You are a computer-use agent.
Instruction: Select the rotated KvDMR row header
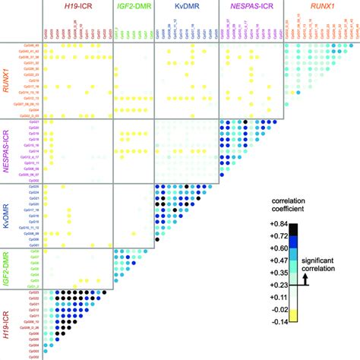point(9,214)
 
